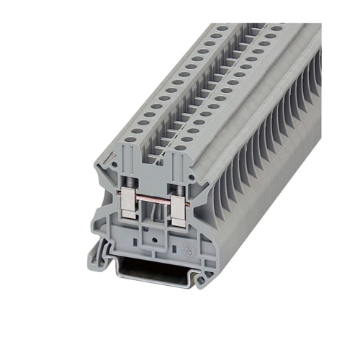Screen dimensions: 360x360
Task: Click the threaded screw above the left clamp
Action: point(127,188)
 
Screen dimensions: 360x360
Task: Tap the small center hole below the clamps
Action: point(150,235)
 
